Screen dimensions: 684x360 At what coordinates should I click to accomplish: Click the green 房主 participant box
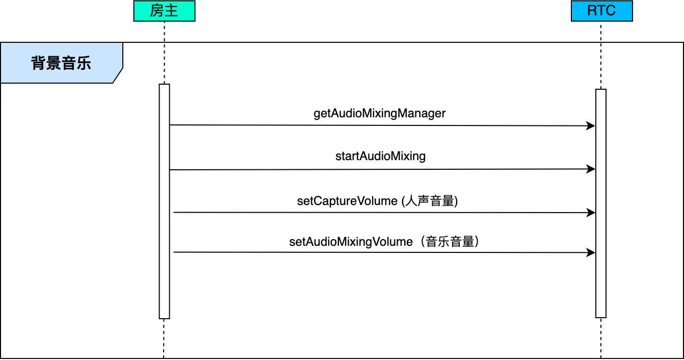(164, 11)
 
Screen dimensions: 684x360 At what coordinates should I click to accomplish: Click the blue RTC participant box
(602, 11)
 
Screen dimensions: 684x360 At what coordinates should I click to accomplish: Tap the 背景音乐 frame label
(61, 63)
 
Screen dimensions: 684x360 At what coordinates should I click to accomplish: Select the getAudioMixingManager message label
(380, 113)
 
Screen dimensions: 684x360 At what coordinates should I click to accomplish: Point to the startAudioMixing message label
(380, 156)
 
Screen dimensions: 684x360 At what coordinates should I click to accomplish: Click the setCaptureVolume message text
(377, 201)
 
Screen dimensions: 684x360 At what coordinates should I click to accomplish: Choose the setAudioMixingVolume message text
(384, 242)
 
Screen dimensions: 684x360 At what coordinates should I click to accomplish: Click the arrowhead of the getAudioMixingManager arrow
(591, 125)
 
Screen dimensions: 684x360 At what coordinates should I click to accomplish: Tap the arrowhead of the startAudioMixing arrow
(591, 169)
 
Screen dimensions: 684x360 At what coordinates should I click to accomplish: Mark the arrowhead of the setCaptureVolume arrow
(591, 213)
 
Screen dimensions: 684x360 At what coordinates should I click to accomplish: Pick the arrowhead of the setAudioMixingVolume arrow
(591, 253)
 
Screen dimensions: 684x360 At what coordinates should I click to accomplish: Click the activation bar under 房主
(164, 201)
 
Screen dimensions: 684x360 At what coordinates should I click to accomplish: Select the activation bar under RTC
(601, 203)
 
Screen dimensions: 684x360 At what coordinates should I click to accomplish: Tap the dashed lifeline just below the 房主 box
(164, 53)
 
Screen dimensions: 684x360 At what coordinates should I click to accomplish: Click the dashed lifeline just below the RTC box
(601, 55)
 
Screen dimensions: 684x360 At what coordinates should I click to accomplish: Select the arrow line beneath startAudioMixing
(382, 169)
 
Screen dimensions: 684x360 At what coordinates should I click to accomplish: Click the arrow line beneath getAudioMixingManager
(382, 125)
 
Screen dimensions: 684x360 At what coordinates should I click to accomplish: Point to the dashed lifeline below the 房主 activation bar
(164, 339)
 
